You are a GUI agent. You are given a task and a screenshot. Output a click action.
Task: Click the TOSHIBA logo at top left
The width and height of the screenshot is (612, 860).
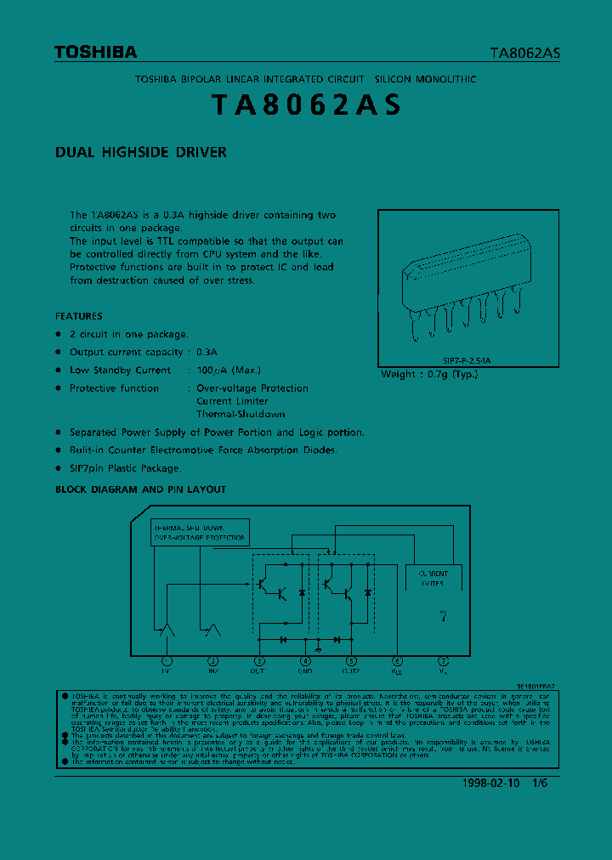(x=95, y=53)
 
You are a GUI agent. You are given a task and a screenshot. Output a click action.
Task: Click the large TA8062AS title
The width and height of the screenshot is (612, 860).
(x=305, y=105)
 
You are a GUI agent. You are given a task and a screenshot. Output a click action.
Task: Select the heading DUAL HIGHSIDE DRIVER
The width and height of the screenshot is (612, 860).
(x=141, y=153)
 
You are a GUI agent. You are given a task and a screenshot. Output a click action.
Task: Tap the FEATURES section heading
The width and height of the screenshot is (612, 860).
(x=79, y=316)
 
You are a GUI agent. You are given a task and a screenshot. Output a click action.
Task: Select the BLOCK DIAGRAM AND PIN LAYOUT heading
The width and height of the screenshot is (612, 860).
(x=141, y=489)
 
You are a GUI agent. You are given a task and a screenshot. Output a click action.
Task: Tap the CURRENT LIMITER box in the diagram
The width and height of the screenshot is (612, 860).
(x=433, y=579)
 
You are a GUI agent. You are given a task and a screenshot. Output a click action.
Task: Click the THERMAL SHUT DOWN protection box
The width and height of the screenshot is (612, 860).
(x=201, y=531)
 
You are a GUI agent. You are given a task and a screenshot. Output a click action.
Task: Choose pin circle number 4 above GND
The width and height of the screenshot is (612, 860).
(x=305, y=660)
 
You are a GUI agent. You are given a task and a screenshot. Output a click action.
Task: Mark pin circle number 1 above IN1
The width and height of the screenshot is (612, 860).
(x=167, y=660)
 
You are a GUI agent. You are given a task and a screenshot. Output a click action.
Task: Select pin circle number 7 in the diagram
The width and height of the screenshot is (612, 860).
(x=443, y=660)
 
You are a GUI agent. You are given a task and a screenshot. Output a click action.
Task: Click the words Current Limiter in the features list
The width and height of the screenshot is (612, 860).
(x=232, y=401)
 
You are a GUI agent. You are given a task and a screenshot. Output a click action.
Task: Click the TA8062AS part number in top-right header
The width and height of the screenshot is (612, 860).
(x=524, y=53)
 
